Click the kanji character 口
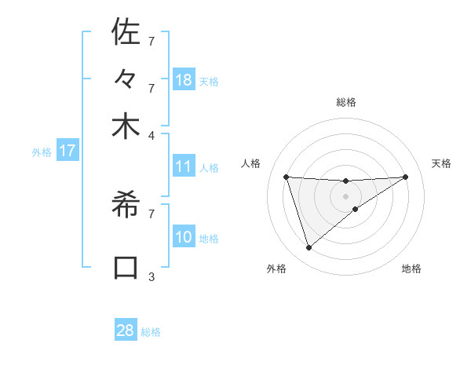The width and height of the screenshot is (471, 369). coord(126,266)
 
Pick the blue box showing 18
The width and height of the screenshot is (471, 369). coord(184,79)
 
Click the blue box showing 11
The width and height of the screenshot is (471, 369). coord(184,166)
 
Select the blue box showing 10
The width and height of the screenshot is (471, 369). coord(184,237)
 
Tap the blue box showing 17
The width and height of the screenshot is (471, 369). coord(68,151)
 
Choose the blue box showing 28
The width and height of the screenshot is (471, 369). coord(126,331)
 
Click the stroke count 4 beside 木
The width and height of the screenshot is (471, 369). coord(152,134)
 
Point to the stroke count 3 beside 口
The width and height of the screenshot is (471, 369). coord(152,276)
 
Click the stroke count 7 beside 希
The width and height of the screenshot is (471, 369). coord(152,213)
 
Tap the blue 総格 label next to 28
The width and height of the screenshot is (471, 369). coord(152,332)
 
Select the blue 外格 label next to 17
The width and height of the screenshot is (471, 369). coord(42,152)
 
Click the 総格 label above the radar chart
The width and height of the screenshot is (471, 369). coord(345,102)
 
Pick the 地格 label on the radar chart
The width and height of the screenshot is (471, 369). coord(411,269)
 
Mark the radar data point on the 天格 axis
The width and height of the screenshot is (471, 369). coord(405,177)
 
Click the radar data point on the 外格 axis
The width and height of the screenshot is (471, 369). coord(309,248)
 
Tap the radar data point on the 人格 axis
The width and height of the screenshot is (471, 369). coord(287,177)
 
